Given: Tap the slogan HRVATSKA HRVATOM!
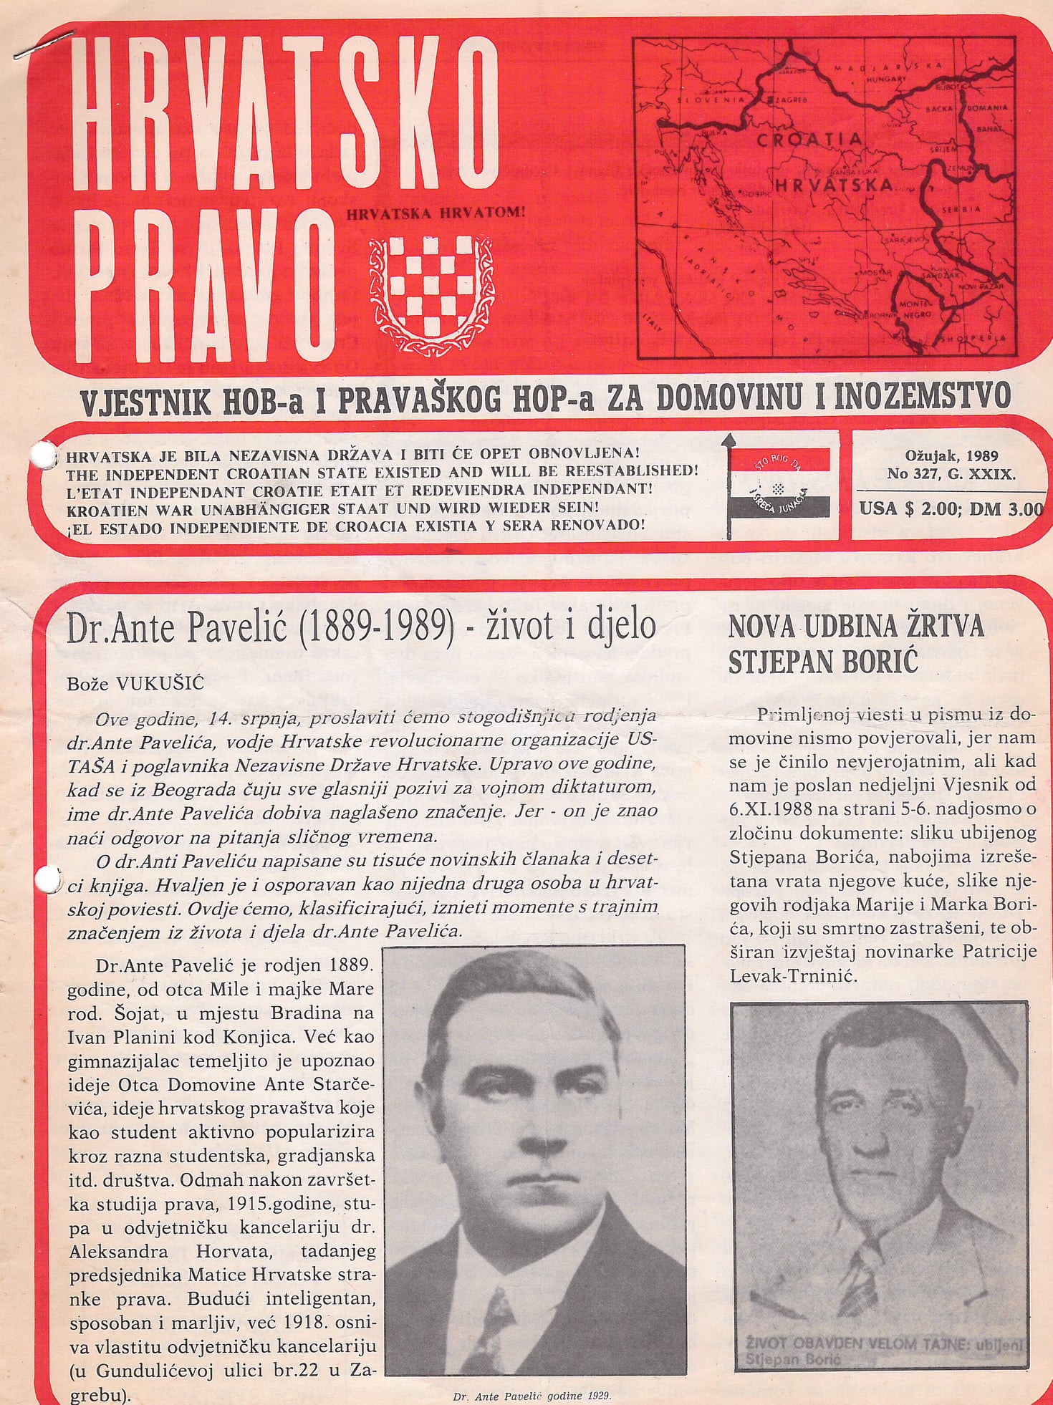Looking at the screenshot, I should click(436, 213).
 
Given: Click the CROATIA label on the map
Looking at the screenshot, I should click(809, 140).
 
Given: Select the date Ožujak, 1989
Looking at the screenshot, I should click(952, 455).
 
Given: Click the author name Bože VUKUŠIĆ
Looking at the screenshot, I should click(135, 683).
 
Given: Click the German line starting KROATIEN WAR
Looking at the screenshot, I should click(332, 507).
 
